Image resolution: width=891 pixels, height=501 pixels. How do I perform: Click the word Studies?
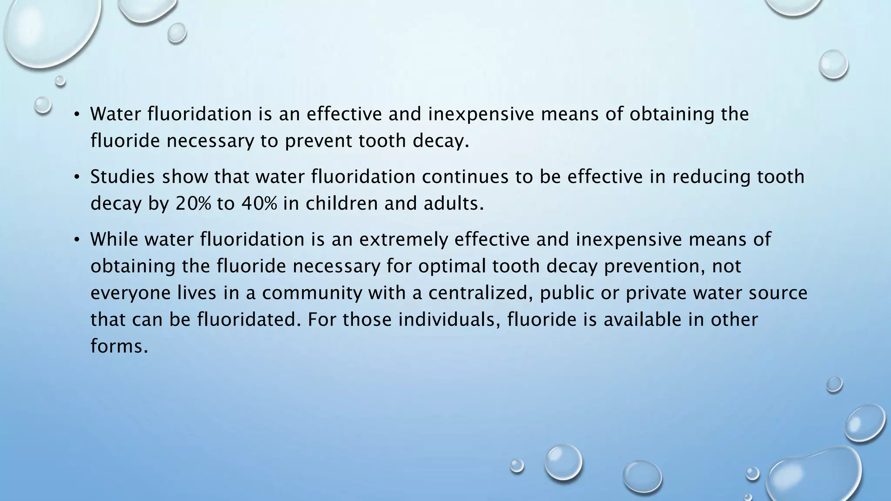(122, 177)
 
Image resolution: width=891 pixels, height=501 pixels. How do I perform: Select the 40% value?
(258, 203)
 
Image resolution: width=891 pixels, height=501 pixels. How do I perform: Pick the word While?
(114, 239)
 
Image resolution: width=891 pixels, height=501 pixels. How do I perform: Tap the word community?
(312, 293)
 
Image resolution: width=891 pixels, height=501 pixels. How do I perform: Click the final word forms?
(117, 346)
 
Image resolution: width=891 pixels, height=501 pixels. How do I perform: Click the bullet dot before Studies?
(77, 177)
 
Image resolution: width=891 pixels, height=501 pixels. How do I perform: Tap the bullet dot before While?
(77, 240)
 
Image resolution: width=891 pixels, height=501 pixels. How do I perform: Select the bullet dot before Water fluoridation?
(77, 114)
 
